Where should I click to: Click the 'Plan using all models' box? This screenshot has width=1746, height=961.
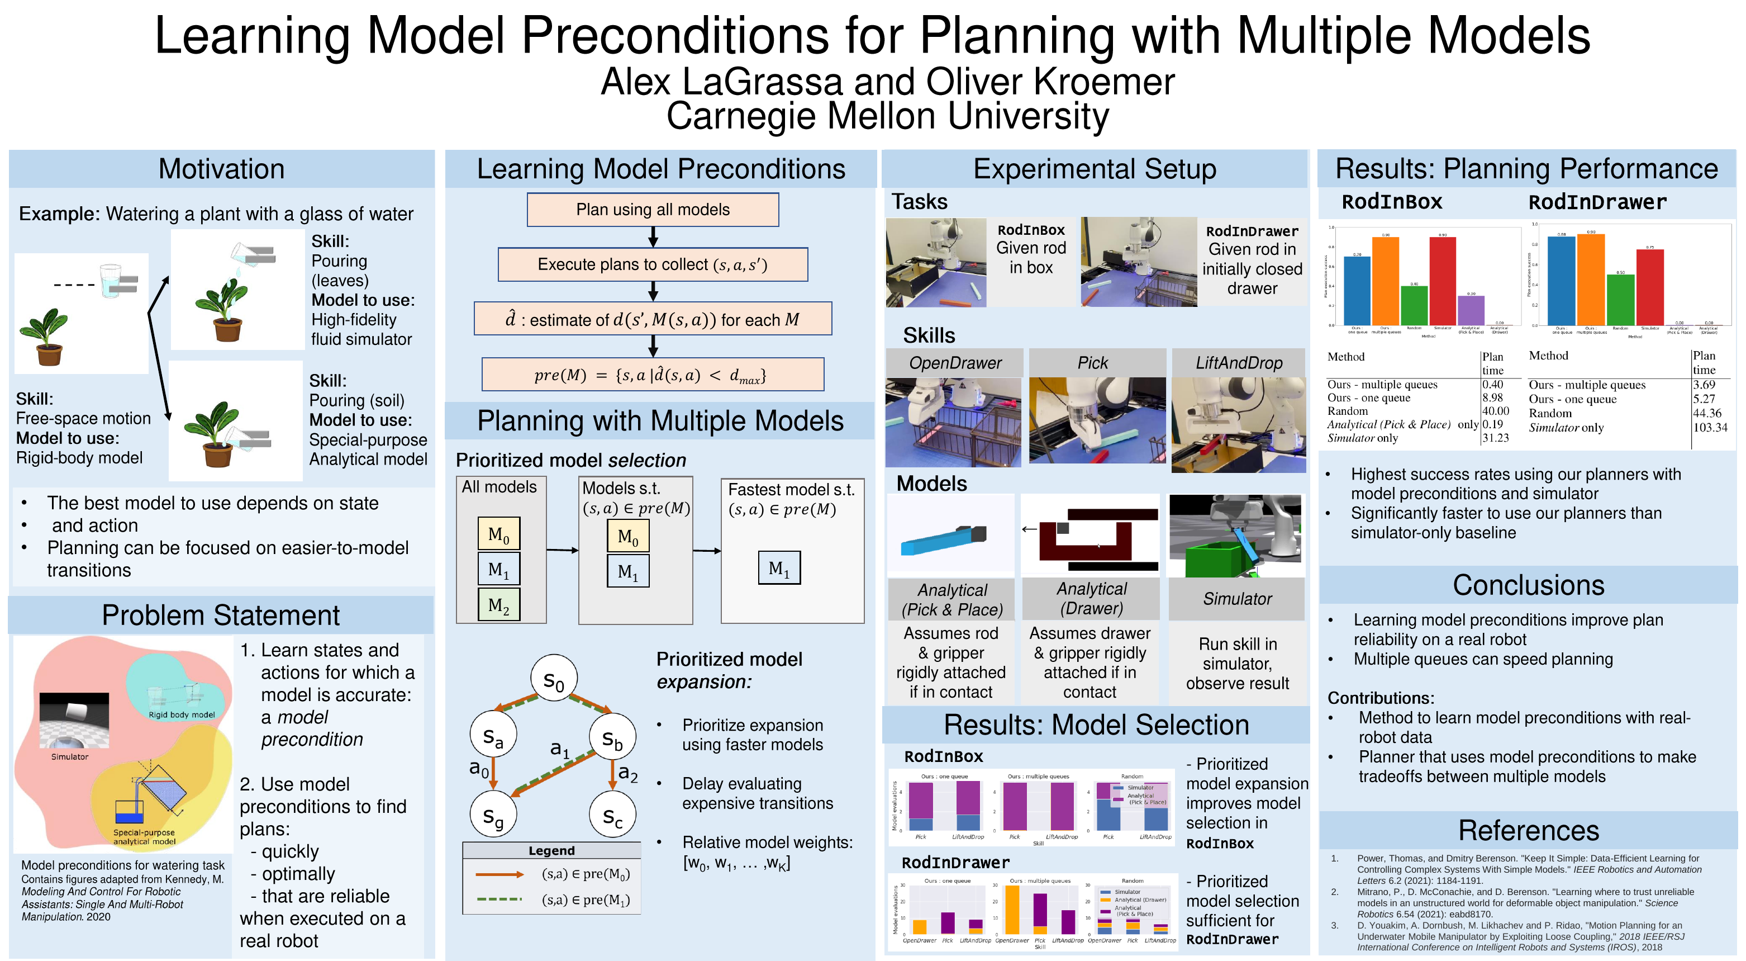click(x=652, y=210)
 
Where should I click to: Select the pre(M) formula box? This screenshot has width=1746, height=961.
click(x=652, y=375)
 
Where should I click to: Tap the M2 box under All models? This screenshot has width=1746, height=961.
click(x=498, y=604)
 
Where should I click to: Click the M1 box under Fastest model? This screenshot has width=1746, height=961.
click(x=779, y=567)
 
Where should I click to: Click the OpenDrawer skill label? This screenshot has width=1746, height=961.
click(x=954, y=363)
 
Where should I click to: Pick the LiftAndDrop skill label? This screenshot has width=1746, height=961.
click(x=1238, y=363)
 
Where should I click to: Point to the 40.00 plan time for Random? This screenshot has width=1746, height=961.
click(x=1495, y=411)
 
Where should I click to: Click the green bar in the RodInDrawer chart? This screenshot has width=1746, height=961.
click(x=1620, y=299)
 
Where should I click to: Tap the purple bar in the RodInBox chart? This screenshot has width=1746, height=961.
click(x=1471, y=311)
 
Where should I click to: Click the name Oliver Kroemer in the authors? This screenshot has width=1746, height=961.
click(x=1050, y=82)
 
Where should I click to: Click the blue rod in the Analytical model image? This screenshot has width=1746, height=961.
click(x=935, y=541)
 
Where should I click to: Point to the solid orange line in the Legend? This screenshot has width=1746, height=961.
click(x=499, y=874)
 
